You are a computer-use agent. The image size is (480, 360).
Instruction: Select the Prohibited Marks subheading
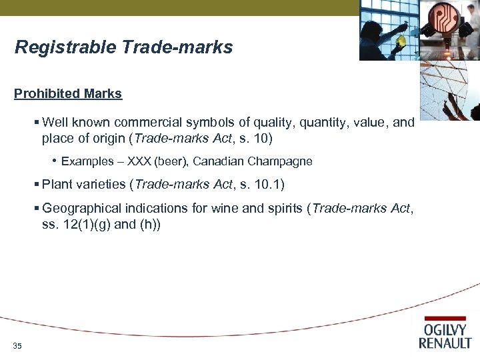(68, 94)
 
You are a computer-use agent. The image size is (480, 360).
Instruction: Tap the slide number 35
(17, 345)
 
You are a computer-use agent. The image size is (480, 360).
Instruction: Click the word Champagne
(284, 161)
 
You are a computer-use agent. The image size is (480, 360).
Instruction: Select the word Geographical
(83, 208)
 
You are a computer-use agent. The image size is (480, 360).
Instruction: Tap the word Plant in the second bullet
(56, 183)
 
